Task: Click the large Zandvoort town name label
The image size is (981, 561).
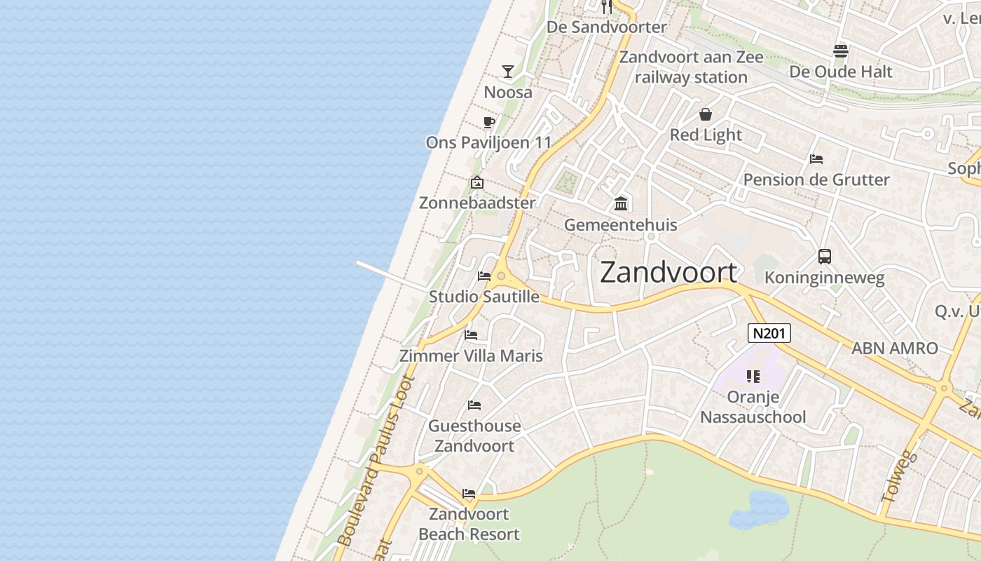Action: (668, 272)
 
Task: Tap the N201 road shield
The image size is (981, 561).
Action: (769, 333)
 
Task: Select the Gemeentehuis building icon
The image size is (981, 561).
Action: (621, 204)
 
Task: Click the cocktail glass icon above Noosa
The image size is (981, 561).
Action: (508, 72)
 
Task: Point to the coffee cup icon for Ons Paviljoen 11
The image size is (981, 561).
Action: (489, 123)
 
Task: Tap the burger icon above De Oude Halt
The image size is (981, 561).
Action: (841, 50)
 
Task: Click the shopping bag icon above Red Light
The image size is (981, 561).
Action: (706, 114)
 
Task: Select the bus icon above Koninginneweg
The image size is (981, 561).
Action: (824, 257)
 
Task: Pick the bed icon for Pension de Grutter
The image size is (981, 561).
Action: (816, 159)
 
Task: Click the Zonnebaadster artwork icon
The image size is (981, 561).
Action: (477, 182)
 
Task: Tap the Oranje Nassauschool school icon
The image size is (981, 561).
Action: (753, 377)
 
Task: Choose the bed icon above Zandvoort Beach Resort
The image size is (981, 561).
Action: (469, 494)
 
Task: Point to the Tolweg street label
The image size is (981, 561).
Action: (900, 476)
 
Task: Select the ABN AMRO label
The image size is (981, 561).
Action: (894, 348)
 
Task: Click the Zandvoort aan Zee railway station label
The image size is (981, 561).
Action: (692, 67)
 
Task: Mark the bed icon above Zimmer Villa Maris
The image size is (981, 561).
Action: (471, 335)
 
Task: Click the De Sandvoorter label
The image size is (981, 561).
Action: (607, 27)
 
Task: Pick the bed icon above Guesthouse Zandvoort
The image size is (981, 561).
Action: (474, 405)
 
